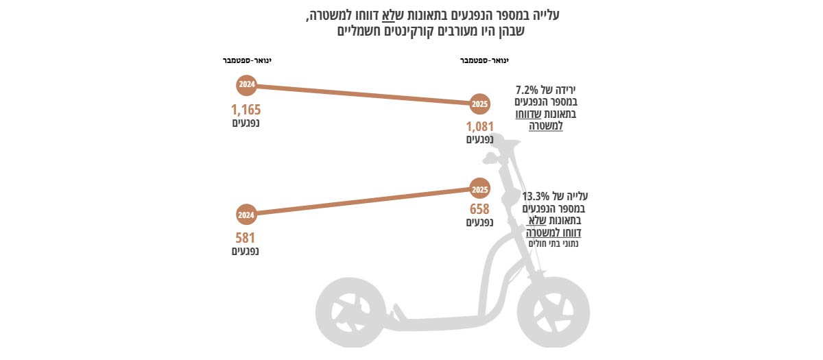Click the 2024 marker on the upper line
tap(246, 85)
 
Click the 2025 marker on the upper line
tap(480, 105)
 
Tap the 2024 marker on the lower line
tap(246, 215)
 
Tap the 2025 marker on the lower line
tap(480, 189)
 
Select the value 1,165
tap(246, 109)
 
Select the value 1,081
tap(480, 127)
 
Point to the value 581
tap(246, 238)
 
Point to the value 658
tap(479, 209)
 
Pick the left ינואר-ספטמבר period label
tap(247, 60)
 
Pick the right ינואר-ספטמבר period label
tap(484, 60)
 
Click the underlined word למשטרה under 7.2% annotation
tap(546, 126)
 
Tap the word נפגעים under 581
tap(246, 251)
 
